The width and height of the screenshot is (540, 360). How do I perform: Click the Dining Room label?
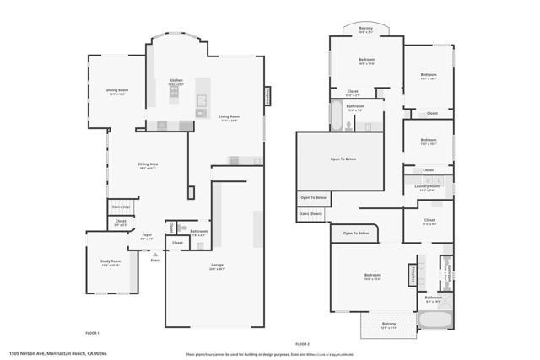coord(116,90)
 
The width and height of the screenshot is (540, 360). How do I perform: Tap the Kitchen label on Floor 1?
coord(175,81)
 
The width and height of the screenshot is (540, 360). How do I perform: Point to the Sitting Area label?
coord(148,164)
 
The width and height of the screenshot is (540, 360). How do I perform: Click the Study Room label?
coord(111,261)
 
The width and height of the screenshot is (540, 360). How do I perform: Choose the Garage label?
coord(217,265)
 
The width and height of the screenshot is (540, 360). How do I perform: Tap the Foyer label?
coord(146,236)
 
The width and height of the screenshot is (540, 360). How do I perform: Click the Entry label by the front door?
coord(155,260)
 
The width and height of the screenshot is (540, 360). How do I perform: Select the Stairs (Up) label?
coord(121,207)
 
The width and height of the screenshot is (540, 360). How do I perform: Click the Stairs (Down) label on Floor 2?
coord(310,214)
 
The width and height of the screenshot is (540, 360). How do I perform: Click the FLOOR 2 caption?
coord(302,344)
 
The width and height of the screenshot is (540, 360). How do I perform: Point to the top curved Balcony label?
coord(365,29)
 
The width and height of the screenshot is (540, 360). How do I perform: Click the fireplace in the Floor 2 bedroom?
coord(413,275)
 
